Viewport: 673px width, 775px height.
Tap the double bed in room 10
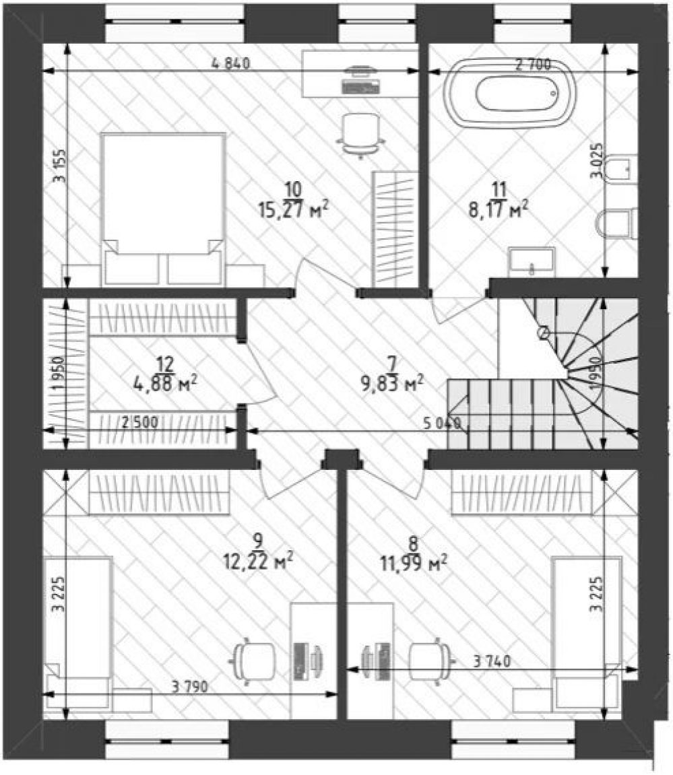point(162,209)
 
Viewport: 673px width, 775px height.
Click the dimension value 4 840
point(231,63)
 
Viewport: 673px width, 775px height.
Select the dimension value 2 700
point(533,64)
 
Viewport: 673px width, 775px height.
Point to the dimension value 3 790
point(190,686)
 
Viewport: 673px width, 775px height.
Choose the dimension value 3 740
point(492,661)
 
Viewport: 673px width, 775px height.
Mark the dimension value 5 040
point(443,423)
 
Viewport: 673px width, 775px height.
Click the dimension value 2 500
point(140,422)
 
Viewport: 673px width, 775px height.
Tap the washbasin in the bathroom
point(532,262)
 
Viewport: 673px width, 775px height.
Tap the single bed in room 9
point(77,632)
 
